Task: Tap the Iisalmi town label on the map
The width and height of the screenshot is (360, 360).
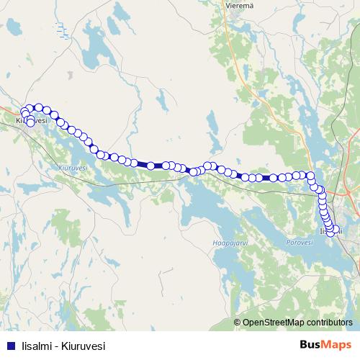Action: pyautogui.click(x=330, y=230)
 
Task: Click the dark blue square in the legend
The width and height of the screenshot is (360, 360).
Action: pyautogui.click(x=11, y=346)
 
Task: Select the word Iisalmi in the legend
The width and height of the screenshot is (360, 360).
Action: pyautogui.click(x=36, y=346)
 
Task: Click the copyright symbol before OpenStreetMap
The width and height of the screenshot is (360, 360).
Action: pyautogui.click(x=238, y=322)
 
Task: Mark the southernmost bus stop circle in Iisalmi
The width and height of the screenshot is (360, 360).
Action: pyautogui.click(x=332, y=233)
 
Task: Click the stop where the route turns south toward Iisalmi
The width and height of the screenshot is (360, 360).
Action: pyautogui.click(x=311, y=175)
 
